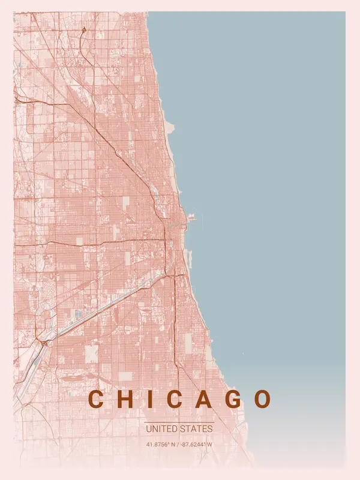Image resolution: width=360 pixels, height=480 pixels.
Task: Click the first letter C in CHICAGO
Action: pyautogui.click(x=96, y=399)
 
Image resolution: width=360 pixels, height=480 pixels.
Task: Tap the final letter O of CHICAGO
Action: pyautogui.click(x=263, y=399)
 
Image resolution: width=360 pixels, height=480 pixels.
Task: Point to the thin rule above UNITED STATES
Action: pyautogui.click(x=179, y=422)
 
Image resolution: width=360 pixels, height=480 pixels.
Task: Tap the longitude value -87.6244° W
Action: pyautogui.click(x=196, y=445)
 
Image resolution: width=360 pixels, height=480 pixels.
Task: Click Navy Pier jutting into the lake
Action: pyautogui.click(x=191, y=218)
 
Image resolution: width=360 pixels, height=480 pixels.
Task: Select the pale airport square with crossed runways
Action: pyautogui.click(x=91, y=353)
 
